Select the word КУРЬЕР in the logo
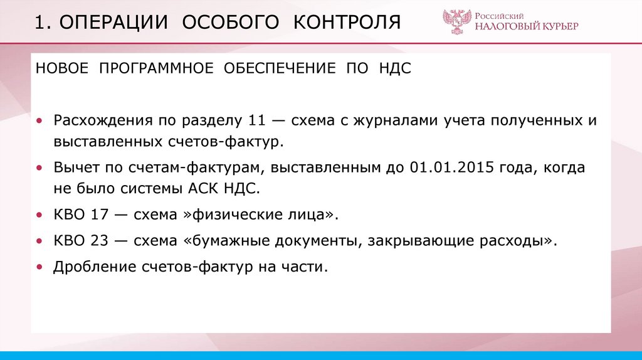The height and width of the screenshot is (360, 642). click(557, 26)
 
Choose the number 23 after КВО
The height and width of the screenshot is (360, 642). click(100, 241)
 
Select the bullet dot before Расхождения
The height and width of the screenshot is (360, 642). click(40, 120)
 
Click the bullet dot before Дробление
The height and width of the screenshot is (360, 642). click(40, 267)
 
